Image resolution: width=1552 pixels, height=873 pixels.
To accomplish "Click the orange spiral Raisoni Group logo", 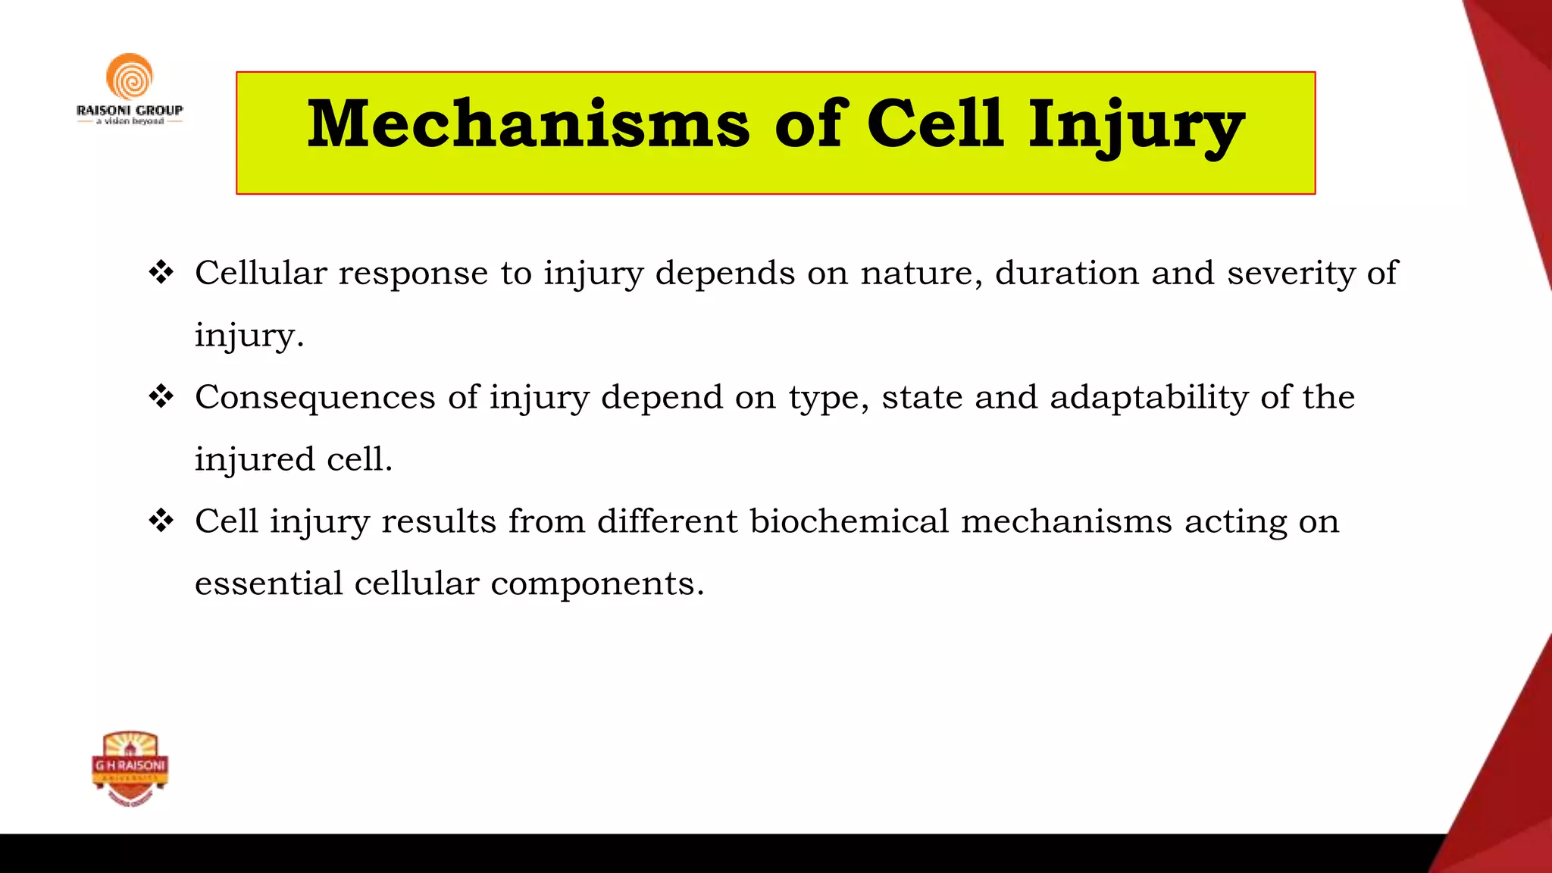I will pos(130,77).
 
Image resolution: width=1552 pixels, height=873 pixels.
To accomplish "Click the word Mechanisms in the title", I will pos(528,124).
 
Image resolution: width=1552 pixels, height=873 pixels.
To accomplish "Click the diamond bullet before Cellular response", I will pos(161,272).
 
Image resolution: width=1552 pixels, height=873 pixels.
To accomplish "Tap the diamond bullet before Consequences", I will pos(161,396).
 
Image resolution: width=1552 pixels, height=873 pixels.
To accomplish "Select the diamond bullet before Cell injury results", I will pos(161,521).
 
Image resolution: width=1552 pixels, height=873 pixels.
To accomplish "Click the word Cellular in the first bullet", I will pos(261,273).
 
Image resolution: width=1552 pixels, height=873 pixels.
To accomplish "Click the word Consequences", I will pos(314,398).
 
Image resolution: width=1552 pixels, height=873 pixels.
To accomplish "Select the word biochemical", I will pos(849,521).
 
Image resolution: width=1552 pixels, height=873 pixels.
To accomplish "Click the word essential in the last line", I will pos(268,584).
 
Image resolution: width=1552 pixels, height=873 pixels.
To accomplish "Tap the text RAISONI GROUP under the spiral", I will pos(130,110).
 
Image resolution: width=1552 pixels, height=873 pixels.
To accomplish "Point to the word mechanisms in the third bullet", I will pos(1066,521).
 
